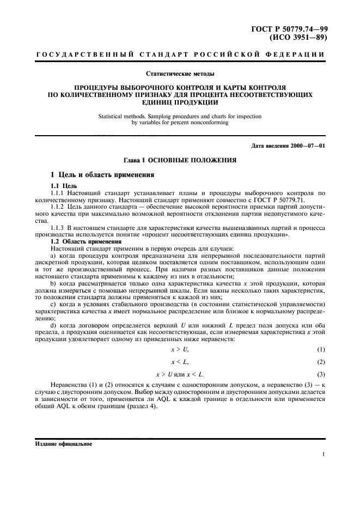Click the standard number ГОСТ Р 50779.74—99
(x=292, y=28)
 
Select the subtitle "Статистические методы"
(x=180, y=73)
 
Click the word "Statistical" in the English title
(x=113, y=116)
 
